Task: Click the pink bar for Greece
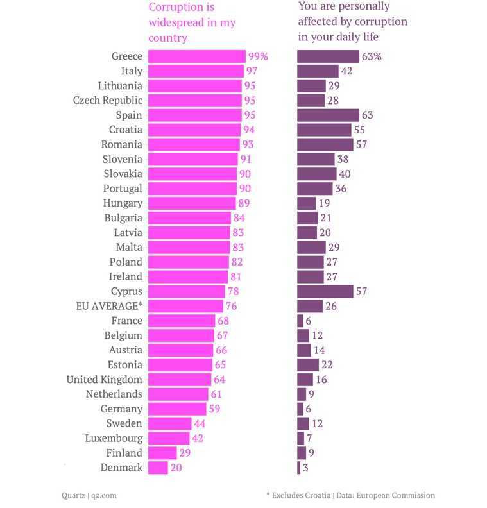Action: [196, 56]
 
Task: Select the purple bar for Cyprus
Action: [325, 291]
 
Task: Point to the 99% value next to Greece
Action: [258, 56]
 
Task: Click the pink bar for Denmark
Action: [158, 468]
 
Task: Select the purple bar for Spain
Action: [328, 115]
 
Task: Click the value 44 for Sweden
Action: [201, 423]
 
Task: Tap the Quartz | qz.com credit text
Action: [89, 495]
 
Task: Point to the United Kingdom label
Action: [105, 380]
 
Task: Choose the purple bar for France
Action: [300, 321]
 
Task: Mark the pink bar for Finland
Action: [162, 453]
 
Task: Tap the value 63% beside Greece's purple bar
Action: [372, 56]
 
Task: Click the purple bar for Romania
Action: [325, 144]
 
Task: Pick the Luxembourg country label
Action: [114, 438]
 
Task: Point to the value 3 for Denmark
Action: [305, 468]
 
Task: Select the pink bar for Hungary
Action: [192, 203]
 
